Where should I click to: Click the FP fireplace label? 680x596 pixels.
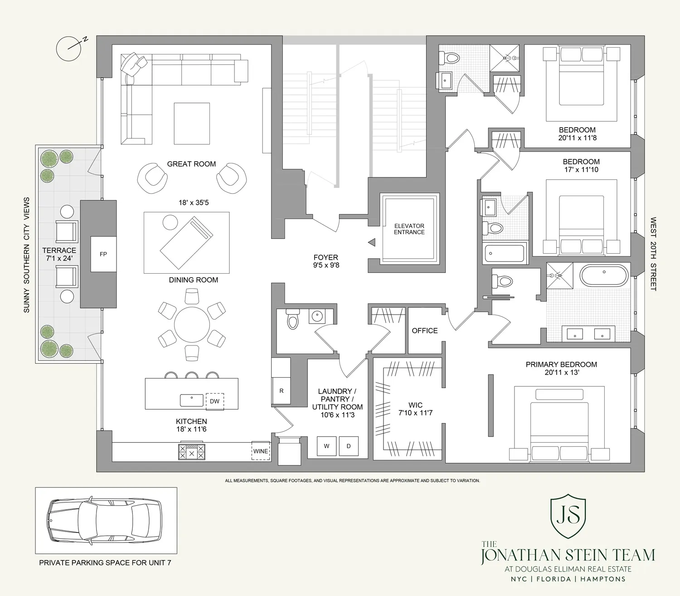(103, 254)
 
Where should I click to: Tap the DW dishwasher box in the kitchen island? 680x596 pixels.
(214, 401)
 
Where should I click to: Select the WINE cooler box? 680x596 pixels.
(261, 451)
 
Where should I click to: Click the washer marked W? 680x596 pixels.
(326, 446)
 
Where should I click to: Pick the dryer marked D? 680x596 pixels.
(349, 446)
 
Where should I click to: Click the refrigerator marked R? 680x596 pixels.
(281, 391)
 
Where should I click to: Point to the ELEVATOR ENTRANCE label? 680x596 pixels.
(409, 229)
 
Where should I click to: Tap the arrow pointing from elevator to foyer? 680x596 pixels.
(372, 242)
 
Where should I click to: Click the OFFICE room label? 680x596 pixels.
(425, 331)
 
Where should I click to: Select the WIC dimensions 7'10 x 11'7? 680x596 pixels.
(415, 413)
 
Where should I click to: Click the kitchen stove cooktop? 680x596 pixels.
(191, 452)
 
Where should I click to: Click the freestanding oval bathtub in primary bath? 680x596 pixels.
(604, 276)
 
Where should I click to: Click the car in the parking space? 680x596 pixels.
(105, 521)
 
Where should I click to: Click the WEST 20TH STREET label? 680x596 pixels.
(653, 254)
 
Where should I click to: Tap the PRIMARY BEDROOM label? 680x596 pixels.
(561, 364)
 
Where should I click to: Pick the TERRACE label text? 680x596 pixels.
(59, 250)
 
